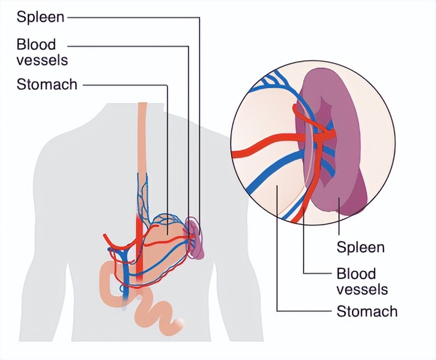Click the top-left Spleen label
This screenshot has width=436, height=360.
click(x=40, y=17)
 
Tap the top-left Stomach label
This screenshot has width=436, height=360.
click(x=47, y=85)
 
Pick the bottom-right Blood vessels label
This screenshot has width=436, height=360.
click(x=362, y=281)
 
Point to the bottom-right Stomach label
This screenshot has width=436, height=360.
click(x=367, y=311)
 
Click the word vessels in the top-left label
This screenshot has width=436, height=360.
click(x=42, y=59)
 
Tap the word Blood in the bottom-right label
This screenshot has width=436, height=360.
click(x=356, y=274)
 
